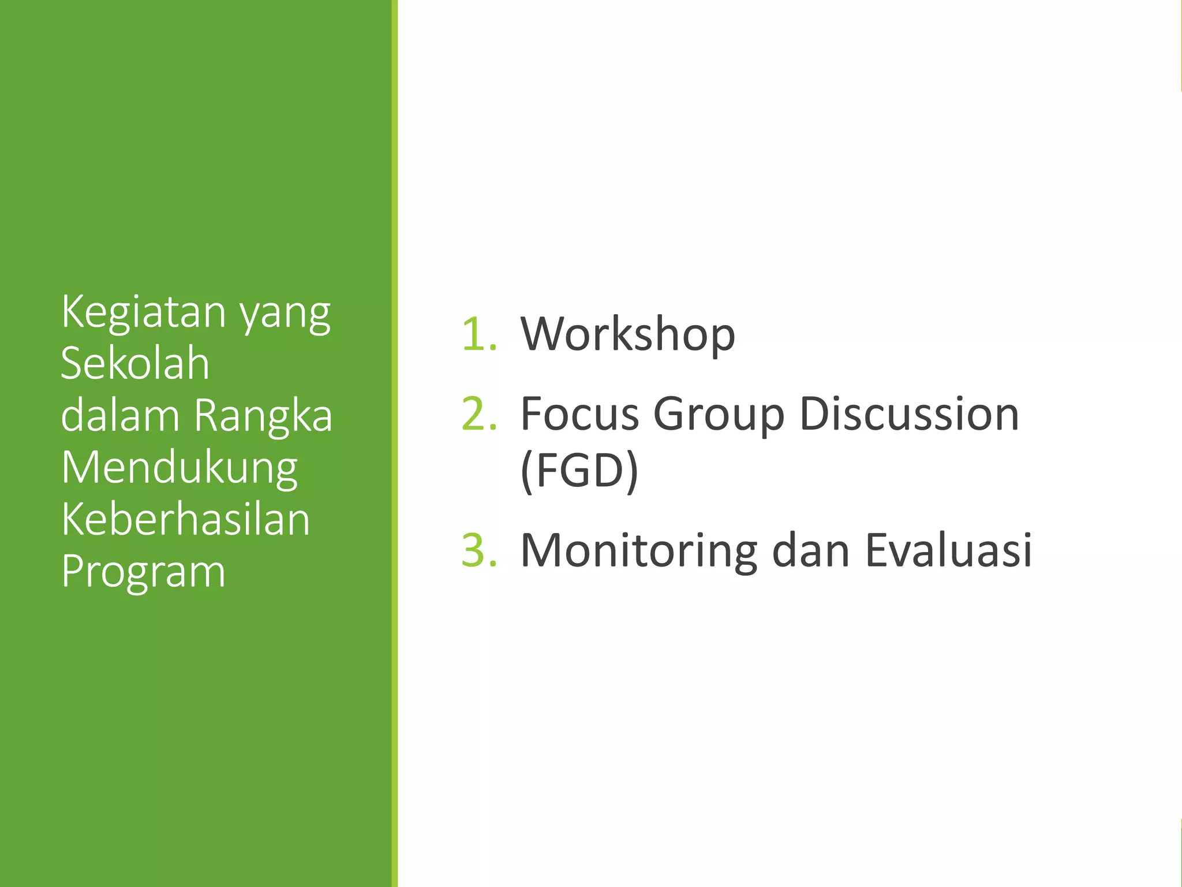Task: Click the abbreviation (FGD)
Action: point(579,471)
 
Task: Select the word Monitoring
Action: point(638,551)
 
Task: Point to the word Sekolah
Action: point(135,364)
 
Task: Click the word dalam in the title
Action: point(120,415)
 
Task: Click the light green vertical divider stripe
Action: point(395,443)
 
